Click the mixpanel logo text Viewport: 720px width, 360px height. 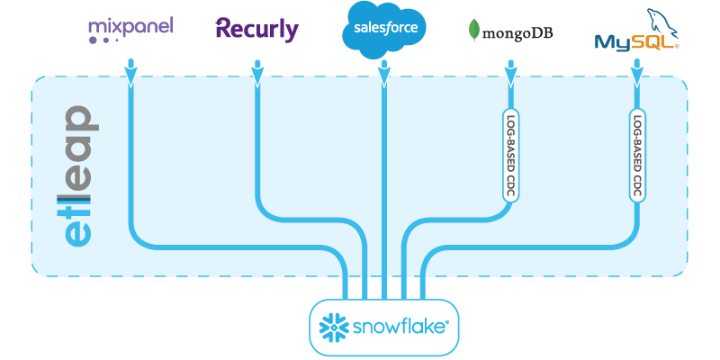(130, 27)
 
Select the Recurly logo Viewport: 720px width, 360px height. (256, 29)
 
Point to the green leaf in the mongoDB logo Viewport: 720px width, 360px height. (473, 31)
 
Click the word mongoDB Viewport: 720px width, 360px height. (518, 34)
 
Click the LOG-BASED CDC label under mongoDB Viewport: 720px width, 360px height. (510, 156)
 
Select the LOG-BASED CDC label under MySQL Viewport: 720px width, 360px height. (636, 156)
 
